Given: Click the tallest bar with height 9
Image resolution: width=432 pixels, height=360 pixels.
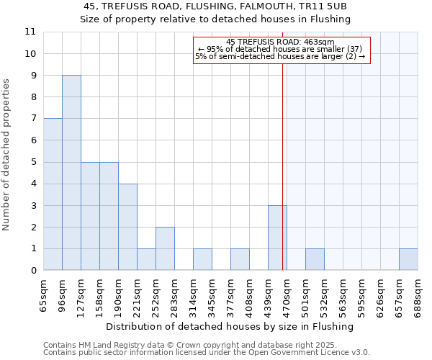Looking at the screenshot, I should [71, 173].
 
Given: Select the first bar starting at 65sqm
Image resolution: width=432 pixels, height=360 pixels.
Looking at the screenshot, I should [53, 194].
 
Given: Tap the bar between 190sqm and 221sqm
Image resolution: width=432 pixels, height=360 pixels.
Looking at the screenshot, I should [127, 227].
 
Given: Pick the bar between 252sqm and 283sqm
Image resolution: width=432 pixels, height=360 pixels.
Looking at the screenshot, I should [165, 248].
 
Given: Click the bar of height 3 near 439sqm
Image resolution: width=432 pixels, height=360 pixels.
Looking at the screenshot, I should [277, 238].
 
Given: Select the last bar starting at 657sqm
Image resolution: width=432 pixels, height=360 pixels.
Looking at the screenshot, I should [408, 259].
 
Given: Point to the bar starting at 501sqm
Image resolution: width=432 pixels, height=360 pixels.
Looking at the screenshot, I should [315, 259].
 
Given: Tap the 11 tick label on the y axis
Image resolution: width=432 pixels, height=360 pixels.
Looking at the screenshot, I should [30, 32].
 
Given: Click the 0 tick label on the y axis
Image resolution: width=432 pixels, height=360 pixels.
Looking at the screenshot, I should [33, 271].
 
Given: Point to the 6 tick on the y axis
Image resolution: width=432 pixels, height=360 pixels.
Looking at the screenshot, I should [33, 140].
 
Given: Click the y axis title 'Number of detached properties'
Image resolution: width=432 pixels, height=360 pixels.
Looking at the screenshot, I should [6, 155].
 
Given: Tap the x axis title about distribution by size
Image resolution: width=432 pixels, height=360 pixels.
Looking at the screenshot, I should [235, 326].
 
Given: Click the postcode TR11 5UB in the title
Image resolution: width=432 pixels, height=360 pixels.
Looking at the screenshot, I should [328, 6].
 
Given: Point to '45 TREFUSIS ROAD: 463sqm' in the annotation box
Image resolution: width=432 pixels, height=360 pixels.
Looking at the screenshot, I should [280, 42].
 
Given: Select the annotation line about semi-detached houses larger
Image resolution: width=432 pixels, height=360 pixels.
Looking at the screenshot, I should [280, 56].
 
